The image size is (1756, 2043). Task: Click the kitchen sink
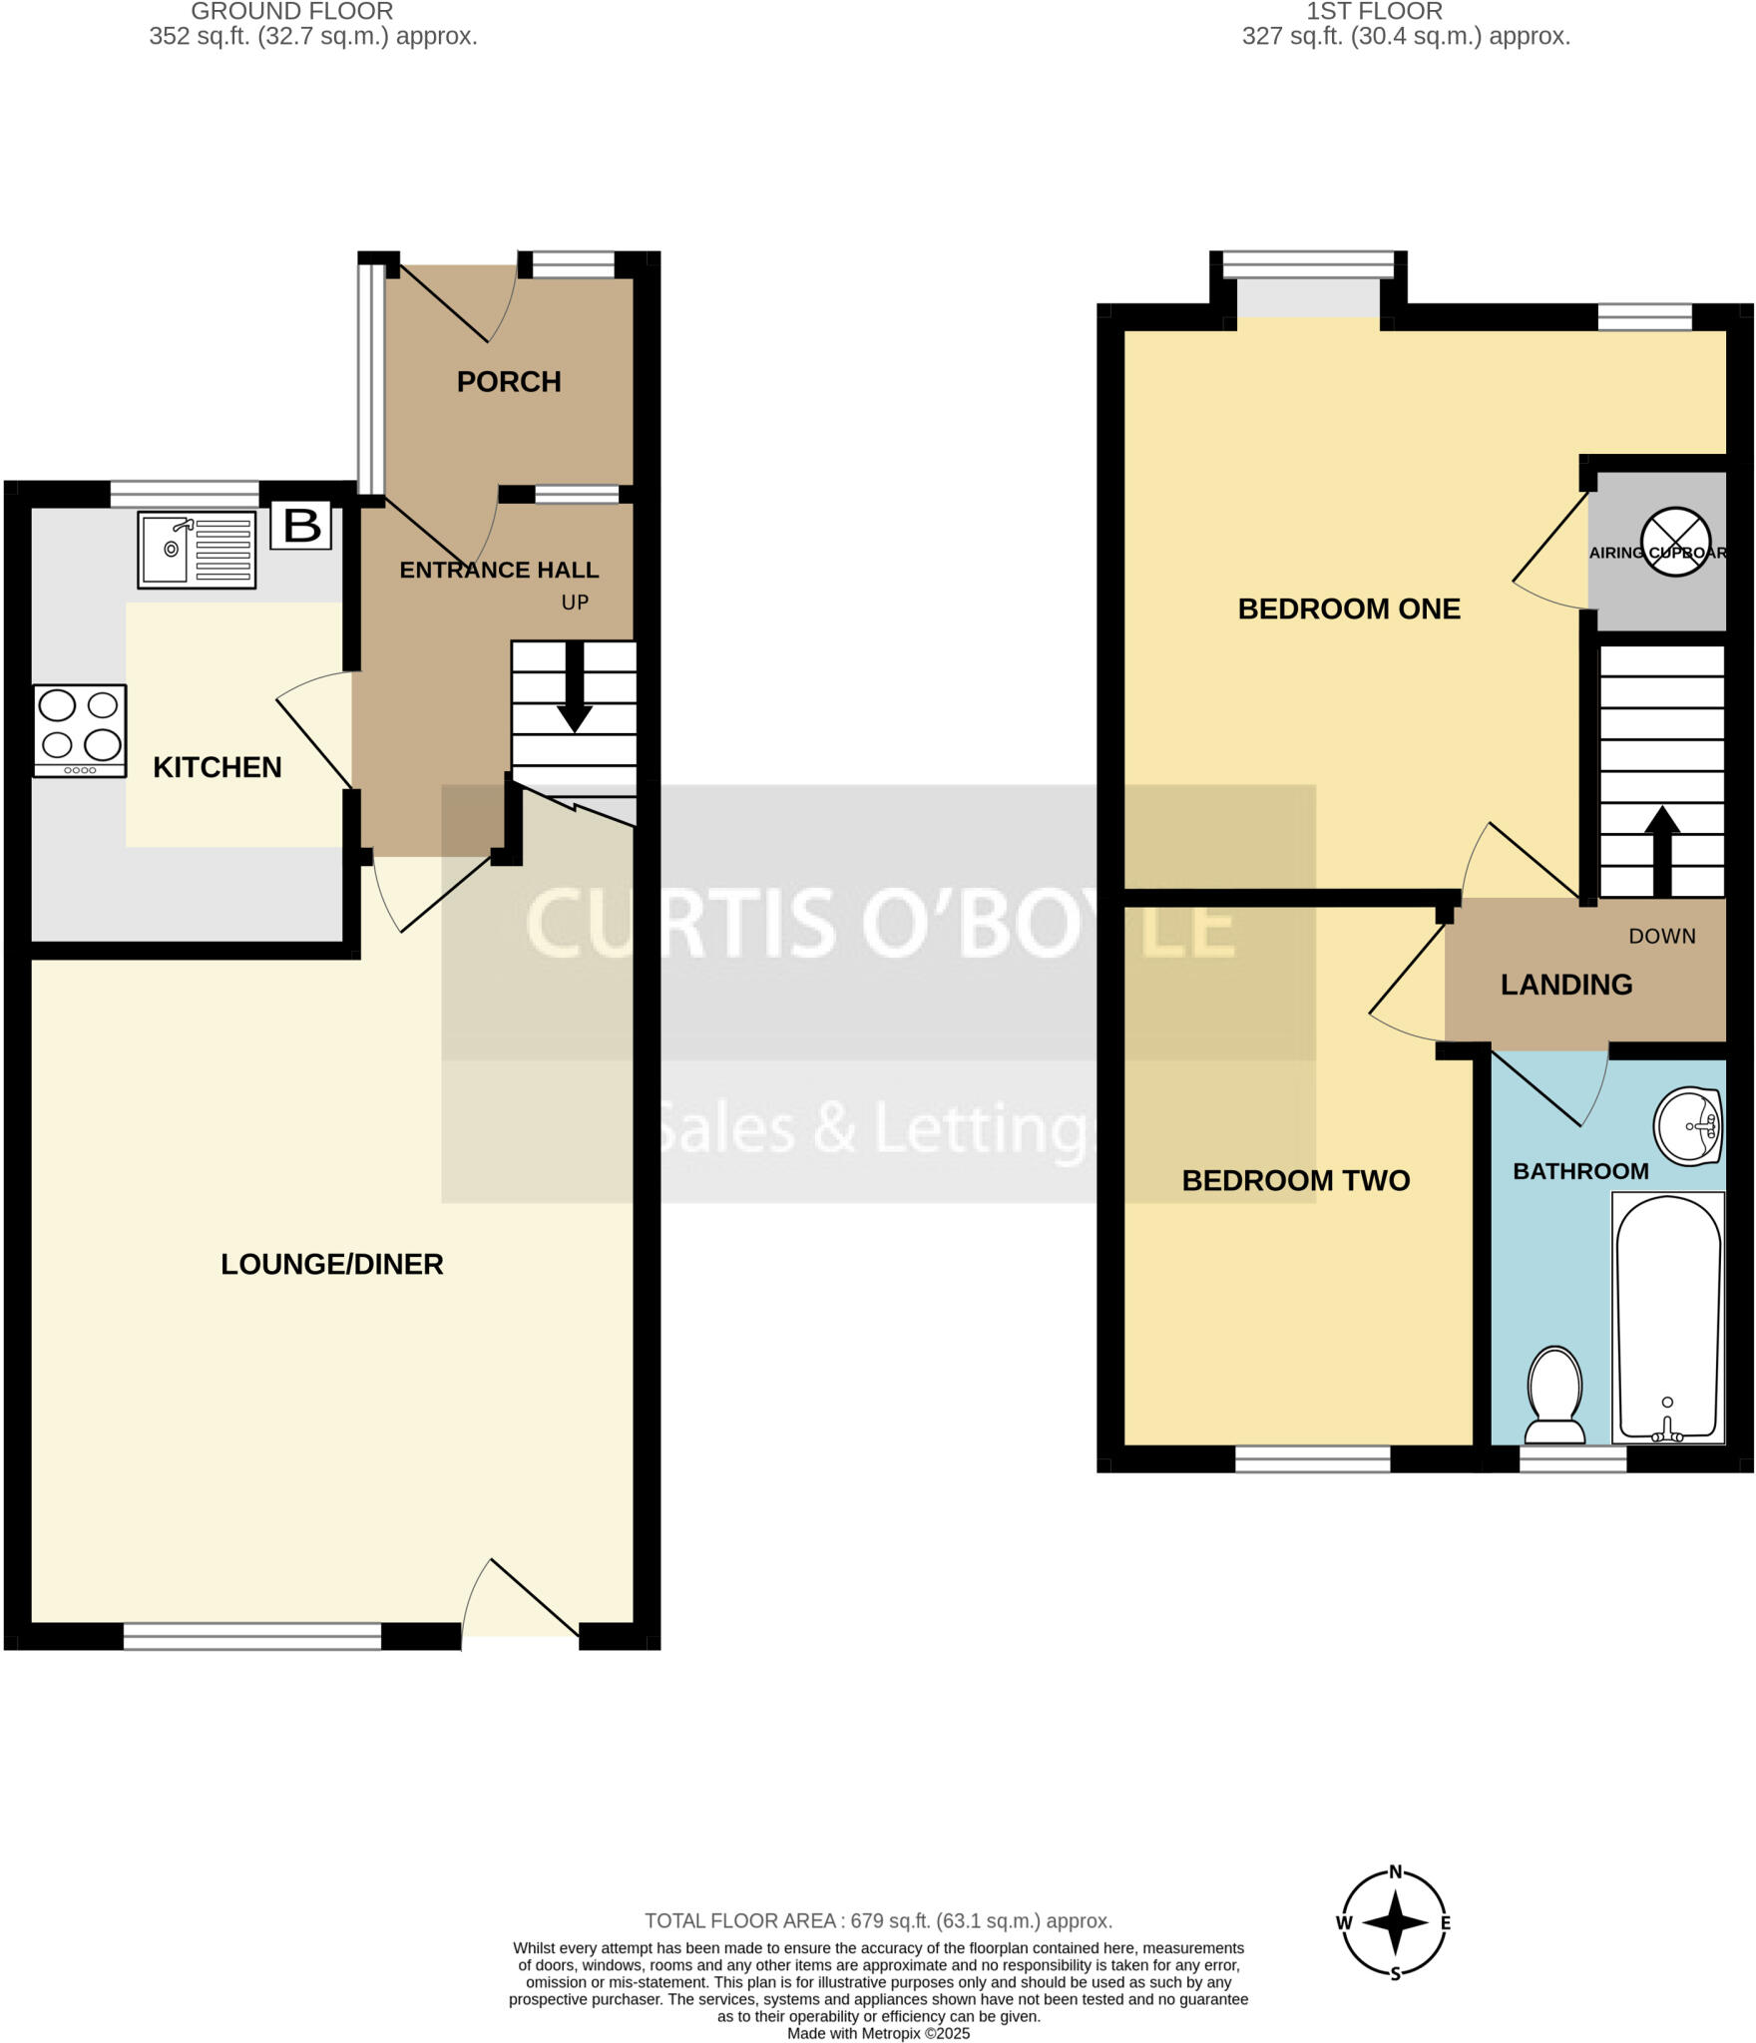coord(197,550)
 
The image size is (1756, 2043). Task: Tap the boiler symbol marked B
coord(301,526)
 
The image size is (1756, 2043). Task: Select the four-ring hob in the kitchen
coord(80,729)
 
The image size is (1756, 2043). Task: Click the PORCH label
coord(509,381)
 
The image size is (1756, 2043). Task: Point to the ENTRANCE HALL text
coord(499,570)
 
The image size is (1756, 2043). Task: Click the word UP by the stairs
coord(575,603)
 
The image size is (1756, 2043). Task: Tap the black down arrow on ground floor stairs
coord(575,688)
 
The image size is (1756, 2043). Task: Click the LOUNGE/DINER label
coord(331,1264)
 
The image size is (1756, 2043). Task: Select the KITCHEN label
coord(217,767)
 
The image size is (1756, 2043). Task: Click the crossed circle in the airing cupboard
coord(1676,542)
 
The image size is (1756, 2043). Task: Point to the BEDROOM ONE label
coord(1349,609)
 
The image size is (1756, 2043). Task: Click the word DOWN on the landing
coord(1662,936)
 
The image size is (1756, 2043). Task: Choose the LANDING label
coord(1566,985)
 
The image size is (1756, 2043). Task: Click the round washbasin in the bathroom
coord(1688,1126)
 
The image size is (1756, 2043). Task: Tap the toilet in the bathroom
coord(1555,1394)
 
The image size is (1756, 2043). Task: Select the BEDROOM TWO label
coord(1295,1180)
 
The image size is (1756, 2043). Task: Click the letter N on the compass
coord(1396,1871)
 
